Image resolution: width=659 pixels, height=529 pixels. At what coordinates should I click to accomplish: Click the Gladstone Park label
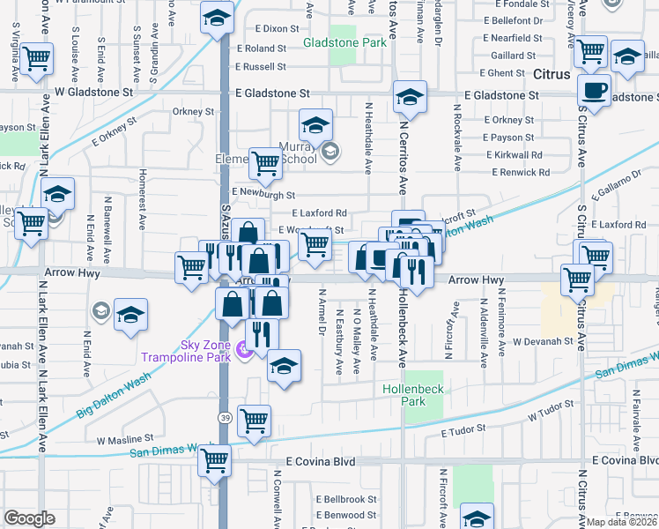point(344,42)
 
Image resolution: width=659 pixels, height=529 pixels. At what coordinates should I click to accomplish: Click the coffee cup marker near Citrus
point(595,90)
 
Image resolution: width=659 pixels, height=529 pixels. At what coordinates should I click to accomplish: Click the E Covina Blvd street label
point(320,461)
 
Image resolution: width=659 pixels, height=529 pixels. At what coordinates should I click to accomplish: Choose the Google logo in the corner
point(29,518)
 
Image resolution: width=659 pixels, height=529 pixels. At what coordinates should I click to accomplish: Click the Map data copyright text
point(622,522)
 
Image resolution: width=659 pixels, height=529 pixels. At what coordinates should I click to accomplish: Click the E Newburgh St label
point(263,192)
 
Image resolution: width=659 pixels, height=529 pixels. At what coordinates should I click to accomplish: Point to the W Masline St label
point(125,438)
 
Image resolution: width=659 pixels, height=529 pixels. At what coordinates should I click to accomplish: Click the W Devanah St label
point(543,340)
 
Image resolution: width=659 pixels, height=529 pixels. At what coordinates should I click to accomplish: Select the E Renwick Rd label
point(518,173)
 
